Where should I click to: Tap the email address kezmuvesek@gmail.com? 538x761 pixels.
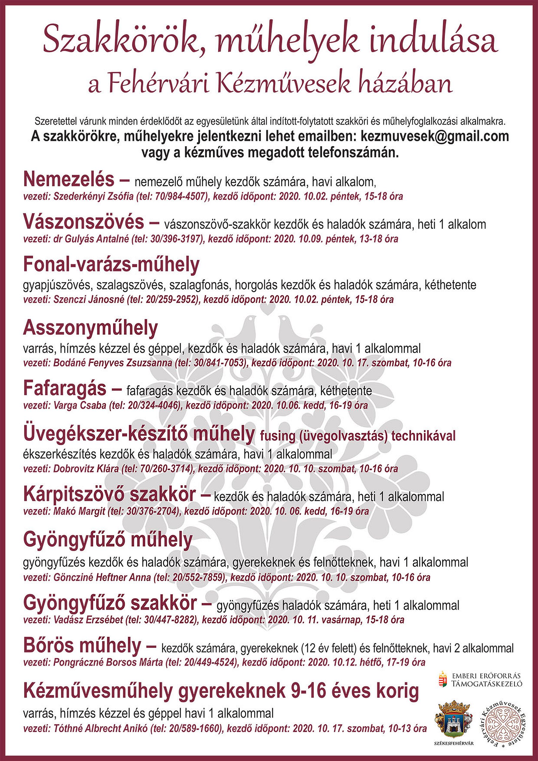pyautogui.click(x=435, y=137)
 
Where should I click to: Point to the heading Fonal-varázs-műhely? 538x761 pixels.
pyautogui.click(x=111, y=264)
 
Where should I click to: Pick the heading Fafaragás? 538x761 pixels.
pyautogui.click(x=65, y=388)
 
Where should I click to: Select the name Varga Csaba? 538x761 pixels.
pyautogui.click(x=80, y=405)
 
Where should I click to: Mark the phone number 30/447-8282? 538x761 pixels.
pyautogui.click(x=169, y=620)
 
